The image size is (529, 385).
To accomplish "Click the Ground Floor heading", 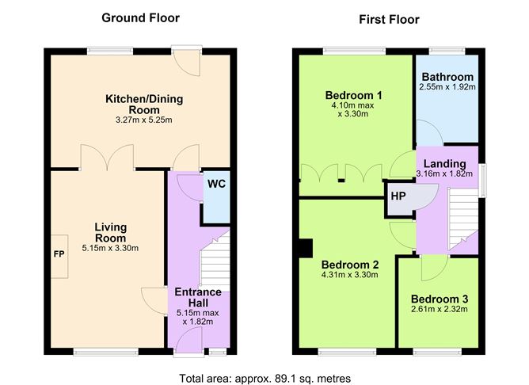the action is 140,18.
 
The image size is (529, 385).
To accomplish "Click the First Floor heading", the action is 389,20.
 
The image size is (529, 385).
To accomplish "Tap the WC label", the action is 216,184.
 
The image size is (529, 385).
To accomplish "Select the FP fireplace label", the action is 59,253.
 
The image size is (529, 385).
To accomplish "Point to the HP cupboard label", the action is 398,196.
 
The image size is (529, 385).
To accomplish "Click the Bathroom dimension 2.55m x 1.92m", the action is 447,87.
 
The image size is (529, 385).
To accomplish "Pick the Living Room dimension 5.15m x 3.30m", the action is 110,248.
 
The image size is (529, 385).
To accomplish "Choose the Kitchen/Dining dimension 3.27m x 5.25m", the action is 144,120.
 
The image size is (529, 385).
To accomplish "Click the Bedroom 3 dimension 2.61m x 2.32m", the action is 440,309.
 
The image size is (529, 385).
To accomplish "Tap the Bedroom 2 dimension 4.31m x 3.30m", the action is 350,275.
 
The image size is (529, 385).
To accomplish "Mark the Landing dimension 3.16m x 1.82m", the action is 444,174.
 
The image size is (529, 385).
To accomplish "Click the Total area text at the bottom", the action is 264,378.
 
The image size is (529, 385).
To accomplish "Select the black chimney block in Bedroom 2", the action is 306,248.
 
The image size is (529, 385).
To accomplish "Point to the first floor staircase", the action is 462,219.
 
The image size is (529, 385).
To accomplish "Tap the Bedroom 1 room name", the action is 353,96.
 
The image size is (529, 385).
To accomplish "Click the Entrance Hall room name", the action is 198,297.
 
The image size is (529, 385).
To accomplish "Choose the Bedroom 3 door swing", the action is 435,268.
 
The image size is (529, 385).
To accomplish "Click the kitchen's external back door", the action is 187,62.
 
